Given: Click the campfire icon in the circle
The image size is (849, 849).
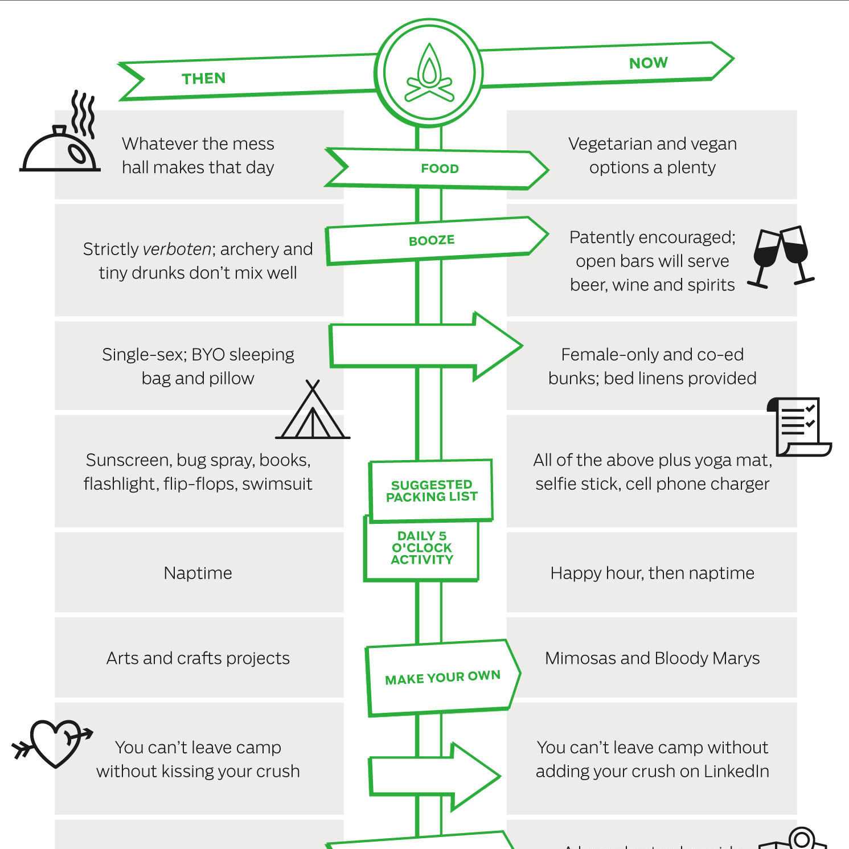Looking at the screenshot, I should click(429, 73).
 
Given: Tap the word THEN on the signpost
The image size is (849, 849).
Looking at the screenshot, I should click(204, 79).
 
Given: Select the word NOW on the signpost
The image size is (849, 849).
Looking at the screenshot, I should click(648, 63).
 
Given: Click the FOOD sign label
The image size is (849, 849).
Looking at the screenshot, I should click(440, 169).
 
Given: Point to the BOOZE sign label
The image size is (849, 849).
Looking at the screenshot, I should click(432, 240).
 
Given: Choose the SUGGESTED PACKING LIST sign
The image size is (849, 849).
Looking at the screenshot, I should click(431, 491).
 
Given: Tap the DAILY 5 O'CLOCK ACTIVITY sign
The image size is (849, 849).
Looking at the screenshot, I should click(422, 548).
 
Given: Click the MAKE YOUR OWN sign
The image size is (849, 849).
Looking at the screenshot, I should click(442, 678).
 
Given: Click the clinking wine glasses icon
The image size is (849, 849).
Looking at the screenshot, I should click(781, 256).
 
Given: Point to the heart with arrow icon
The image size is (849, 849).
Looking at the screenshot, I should click(54, 741).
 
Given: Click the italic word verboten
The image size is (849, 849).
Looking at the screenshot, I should click(177, 249).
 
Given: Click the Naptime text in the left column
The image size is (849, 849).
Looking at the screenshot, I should click(198, 573).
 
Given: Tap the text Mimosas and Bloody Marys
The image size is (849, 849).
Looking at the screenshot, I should click(652, 658).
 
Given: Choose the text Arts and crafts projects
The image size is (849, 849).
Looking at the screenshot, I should click(198, 658).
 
